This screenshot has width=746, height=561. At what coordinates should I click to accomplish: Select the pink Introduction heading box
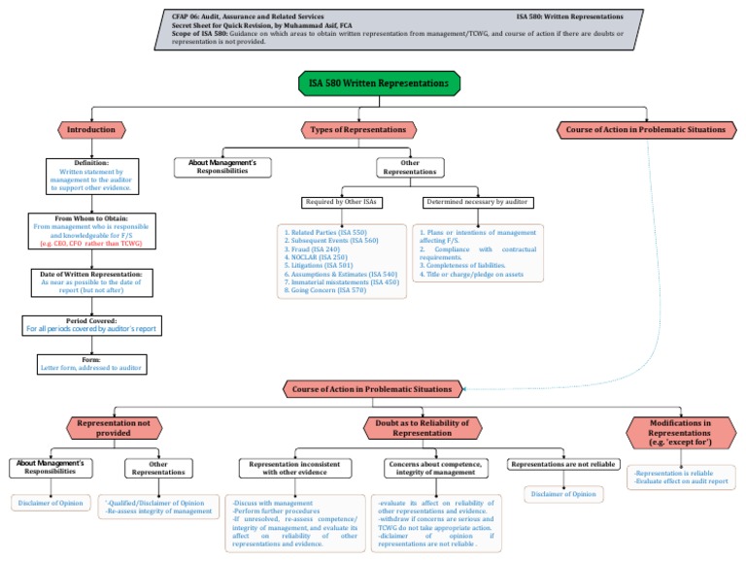click(x=92, y=129)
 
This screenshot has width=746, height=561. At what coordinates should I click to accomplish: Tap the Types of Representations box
click(x=358, y=129)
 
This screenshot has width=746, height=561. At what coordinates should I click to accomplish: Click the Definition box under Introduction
click(x=92, y=173)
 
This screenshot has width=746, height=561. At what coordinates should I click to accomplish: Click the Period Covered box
click(x=92, y=325)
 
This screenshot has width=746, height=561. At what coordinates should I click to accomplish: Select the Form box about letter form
click(x=92, y=363)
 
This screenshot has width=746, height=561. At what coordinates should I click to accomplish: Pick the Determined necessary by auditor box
click(x=477, y=203)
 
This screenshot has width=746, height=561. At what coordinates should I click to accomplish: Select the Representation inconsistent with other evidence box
click(x=294, y=468)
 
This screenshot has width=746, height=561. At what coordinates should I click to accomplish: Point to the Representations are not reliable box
click(x=562, y=465)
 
